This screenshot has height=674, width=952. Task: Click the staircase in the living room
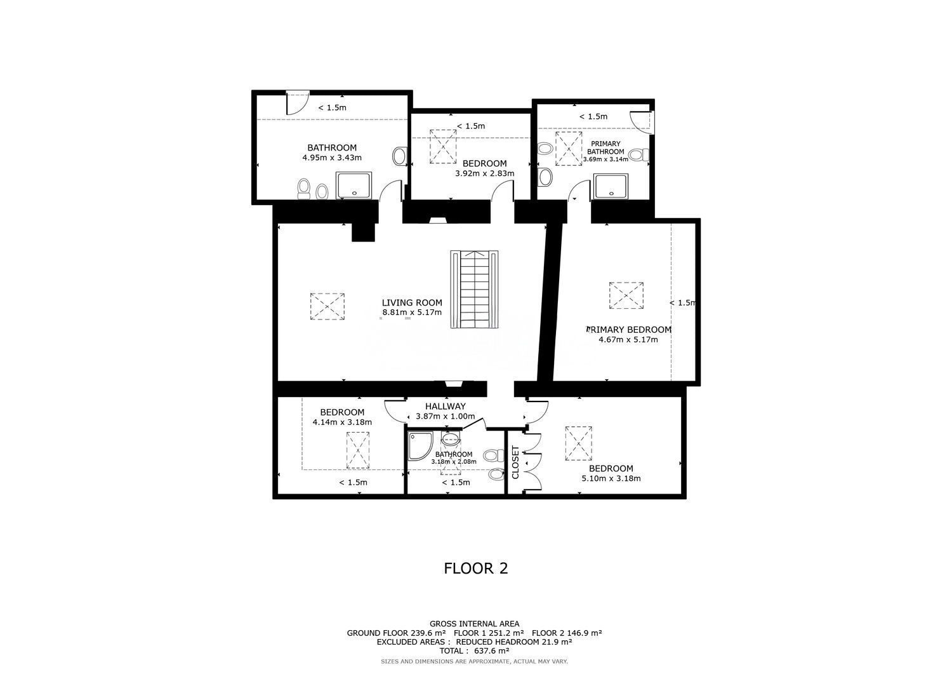point(474,289)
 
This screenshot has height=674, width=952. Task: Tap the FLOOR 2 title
point(475,569)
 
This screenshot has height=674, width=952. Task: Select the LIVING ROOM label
point(412,302)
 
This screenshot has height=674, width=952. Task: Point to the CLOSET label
point(515,462)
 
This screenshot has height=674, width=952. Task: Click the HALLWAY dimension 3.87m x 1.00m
point(446,417)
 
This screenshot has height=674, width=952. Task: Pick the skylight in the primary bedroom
point(626,295)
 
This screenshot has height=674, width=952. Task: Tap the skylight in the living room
point(327,306)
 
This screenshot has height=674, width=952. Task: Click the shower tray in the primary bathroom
point(611,186)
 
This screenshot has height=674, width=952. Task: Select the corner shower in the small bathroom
point(420,446)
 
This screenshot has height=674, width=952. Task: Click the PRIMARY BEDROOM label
point(628,330)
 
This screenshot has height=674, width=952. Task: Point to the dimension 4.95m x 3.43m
point(332,158)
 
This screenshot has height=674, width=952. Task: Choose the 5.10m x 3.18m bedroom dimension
point(611,478)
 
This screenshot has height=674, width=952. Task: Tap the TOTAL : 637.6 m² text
point(474,650)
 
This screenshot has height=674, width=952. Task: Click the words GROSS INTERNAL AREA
point(474,624)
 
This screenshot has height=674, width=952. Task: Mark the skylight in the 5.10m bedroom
point(578,443)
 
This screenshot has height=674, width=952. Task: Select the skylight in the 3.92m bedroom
point(443,146)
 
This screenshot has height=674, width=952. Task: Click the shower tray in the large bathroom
point(354,185)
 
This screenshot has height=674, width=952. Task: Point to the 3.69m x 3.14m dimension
point(605,159)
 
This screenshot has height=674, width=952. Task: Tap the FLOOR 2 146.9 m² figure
point(567,633)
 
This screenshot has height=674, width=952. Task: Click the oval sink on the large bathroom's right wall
point(399,156)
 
